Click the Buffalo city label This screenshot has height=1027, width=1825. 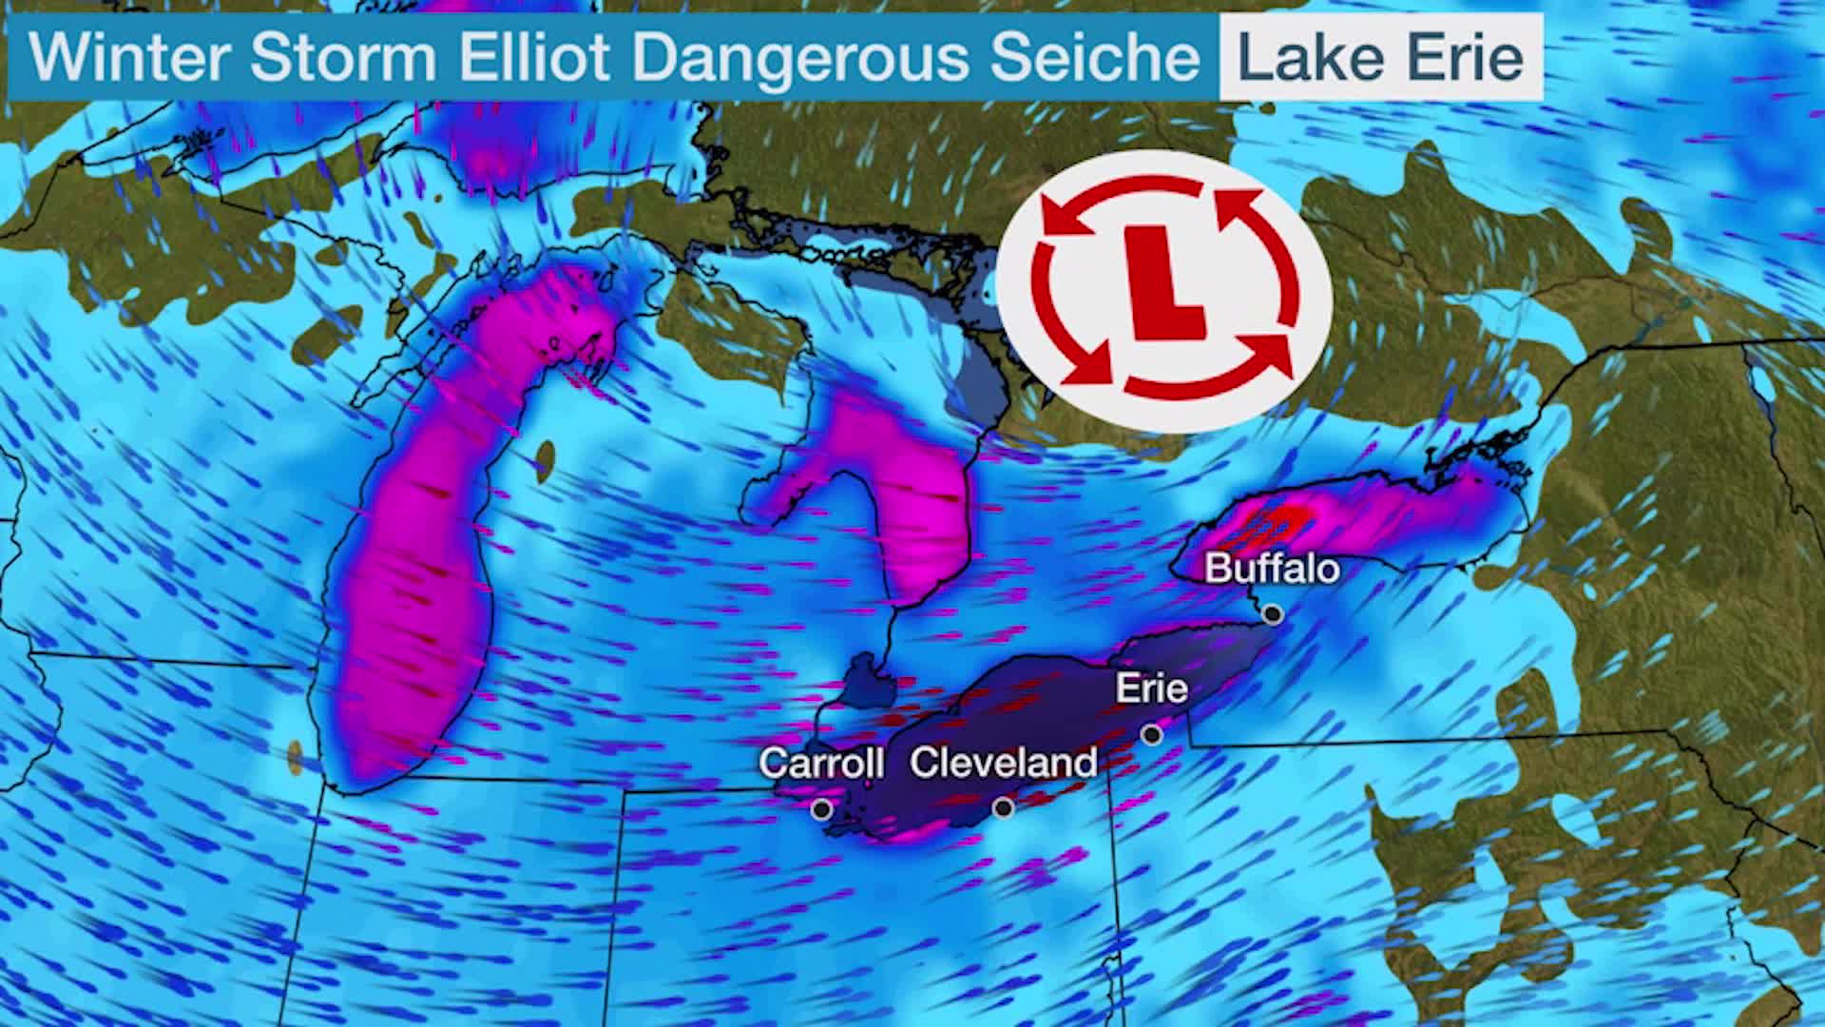coord(1272,569)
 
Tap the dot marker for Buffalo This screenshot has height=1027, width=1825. coord(1273,614)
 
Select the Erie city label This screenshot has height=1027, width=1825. coord(1151,688)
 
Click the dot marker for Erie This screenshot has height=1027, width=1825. coord(1152,734)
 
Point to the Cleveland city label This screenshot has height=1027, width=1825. coord(1003,763)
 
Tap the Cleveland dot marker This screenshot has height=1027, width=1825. coord(1003,808)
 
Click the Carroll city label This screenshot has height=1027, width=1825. coord(821,763)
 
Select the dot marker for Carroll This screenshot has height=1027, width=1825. coord(821,809)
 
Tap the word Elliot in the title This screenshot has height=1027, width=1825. coord(533,57)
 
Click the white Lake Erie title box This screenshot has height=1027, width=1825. coord(1380,57)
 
